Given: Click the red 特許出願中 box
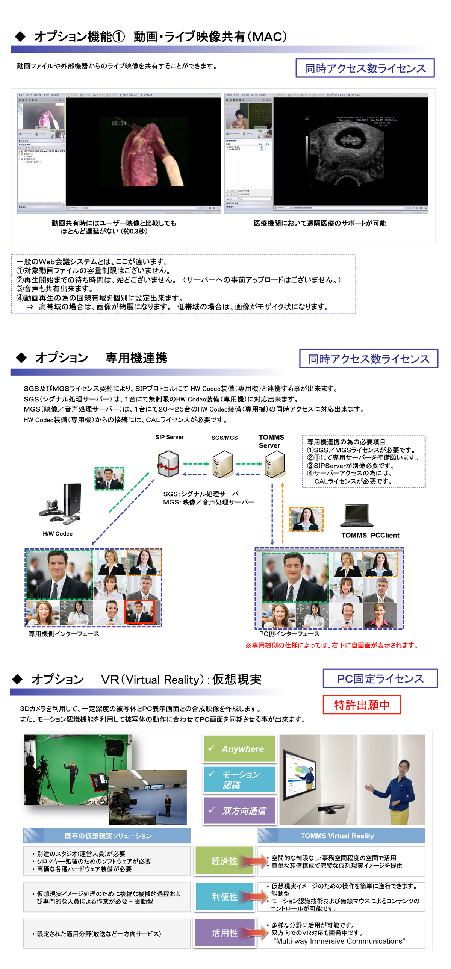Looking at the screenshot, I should pyautogui.click(x=362, y=704).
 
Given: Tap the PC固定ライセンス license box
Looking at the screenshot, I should pyautogui.click(x=380, y=678).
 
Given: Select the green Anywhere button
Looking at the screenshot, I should pyautogui.click(x=239, y=749).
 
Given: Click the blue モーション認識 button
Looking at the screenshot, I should pyautogui.click(x=239, y=780).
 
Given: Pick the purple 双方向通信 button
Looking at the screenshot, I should pyautogui.click(x=239, y=810).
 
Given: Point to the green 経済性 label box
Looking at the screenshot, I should pyautogui.click(x=224, y=861).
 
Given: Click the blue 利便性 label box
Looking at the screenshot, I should pyautogui.click(x=224, y=897).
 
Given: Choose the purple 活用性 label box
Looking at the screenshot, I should pyautogui.click(x=224, y=933).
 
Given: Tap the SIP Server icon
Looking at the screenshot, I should pyautogui.click(x=168, y=464).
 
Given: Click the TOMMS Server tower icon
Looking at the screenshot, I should pyautogui.click(x=275, y=465).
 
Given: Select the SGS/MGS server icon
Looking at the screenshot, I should pyautogui.click(x=222, y=465).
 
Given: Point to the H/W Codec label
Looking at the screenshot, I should pyautogui.click(x=58, y=534).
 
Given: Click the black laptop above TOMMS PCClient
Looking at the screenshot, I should pyautogui.click(x=357, y=516).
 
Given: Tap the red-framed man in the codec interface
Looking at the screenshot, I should pyautogui.click(x=139, y=612).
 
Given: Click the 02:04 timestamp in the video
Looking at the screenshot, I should pyautogui.click(x=119, y=123).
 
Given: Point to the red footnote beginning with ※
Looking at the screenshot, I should pyautogui.click(x=332, y=645).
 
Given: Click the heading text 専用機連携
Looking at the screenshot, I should pyautogui.click(x=136, y=358).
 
